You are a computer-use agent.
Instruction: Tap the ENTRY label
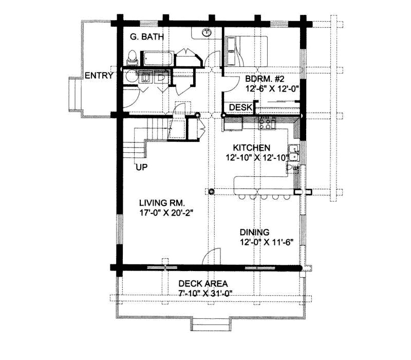click(99, 76)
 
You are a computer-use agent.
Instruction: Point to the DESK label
click(240, 107)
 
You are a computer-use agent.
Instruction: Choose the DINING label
click(254, 232)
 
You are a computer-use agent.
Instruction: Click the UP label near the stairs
click(142, 167)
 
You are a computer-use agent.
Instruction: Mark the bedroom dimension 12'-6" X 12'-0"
click(272, 88)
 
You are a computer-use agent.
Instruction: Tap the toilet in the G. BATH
click(132, 56)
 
